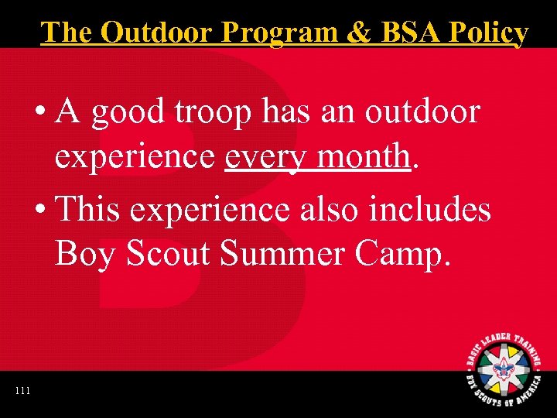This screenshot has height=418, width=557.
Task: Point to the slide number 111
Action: point(22,391)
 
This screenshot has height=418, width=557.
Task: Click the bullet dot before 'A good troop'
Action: point(39,114)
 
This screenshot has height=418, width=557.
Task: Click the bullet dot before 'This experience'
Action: point(39,210)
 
